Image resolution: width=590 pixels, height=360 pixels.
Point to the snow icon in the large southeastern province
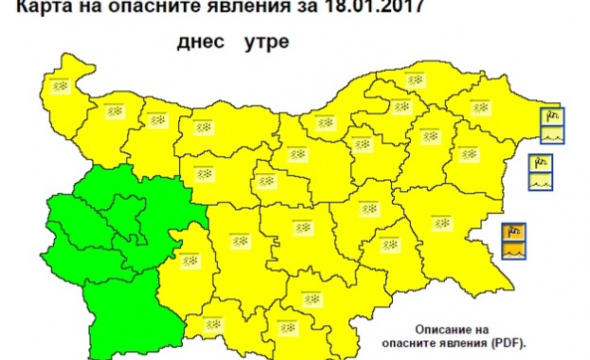[x=439, y=224]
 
